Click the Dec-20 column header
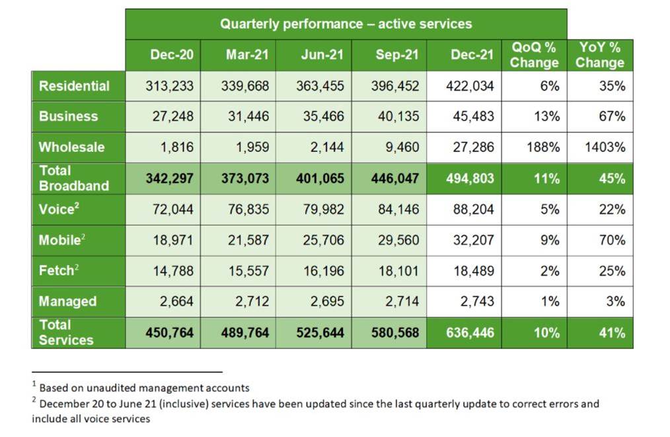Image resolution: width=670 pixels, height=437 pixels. [171, 55]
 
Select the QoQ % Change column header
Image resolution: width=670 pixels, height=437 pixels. [534, 55]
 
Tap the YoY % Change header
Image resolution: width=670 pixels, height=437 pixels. [600, 55]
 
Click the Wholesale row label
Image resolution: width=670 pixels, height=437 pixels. [72, 147]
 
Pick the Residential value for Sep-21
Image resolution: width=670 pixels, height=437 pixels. [395, 86]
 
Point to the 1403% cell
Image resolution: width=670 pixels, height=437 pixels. [605, 147]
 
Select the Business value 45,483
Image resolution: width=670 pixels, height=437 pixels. [474, 116]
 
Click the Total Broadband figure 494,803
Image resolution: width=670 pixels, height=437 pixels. [470, 179]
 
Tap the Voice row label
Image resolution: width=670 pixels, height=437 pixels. [59, 209]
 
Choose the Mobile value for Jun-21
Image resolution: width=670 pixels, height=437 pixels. [324, 240]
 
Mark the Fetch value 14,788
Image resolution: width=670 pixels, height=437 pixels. [173, 270]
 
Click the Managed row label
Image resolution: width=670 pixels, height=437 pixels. [67, 301]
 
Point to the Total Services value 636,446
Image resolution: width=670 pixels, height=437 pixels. [470, 333]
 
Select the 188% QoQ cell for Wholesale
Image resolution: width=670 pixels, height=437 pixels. [543, 147]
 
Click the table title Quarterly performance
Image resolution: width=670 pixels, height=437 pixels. [346, 24]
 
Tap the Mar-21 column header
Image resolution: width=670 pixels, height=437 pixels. [247, 55]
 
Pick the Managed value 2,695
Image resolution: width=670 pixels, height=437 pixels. [327, 301]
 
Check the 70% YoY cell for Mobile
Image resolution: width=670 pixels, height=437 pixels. [612, 240]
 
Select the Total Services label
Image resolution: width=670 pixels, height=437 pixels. [66, 333]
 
